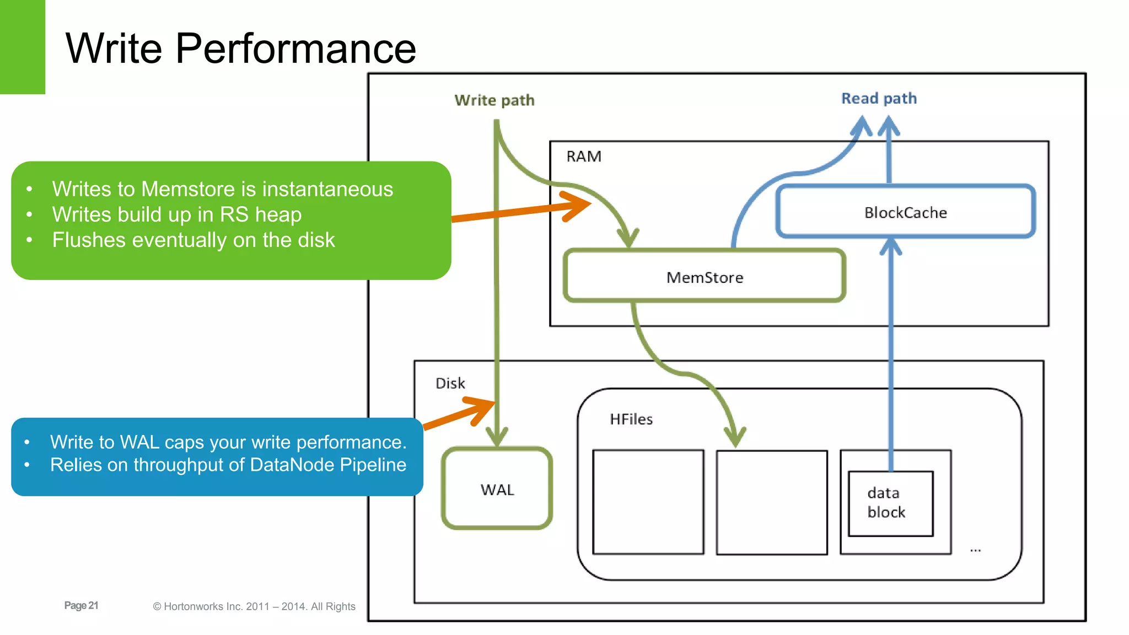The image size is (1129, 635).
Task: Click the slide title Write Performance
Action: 240,49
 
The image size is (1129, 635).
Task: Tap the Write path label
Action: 494,100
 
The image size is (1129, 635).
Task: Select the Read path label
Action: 879,99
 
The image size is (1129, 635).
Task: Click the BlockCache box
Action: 905,212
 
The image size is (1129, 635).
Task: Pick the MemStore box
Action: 704,277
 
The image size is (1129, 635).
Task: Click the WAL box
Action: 497,489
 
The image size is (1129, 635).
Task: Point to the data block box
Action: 890,503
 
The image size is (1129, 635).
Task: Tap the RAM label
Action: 583,157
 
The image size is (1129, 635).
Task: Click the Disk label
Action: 450,383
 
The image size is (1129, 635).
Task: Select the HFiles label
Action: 631,419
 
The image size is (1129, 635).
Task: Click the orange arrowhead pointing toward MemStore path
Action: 579,205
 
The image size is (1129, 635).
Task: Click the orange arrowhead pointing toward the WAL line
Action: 483,409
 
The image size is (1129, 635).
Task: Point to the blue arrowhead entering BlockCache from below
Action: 890,246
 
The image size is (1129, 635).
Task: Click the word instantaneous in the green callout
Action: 327,189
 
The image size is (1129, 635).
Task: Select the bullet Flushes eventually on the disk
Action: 193,240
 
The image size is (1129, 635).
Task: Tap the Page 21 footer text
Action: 81,605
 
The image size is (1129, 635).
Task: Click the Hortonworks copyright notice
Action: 254,606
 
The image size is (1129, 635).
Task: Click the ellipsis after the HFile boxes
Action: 975,550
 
